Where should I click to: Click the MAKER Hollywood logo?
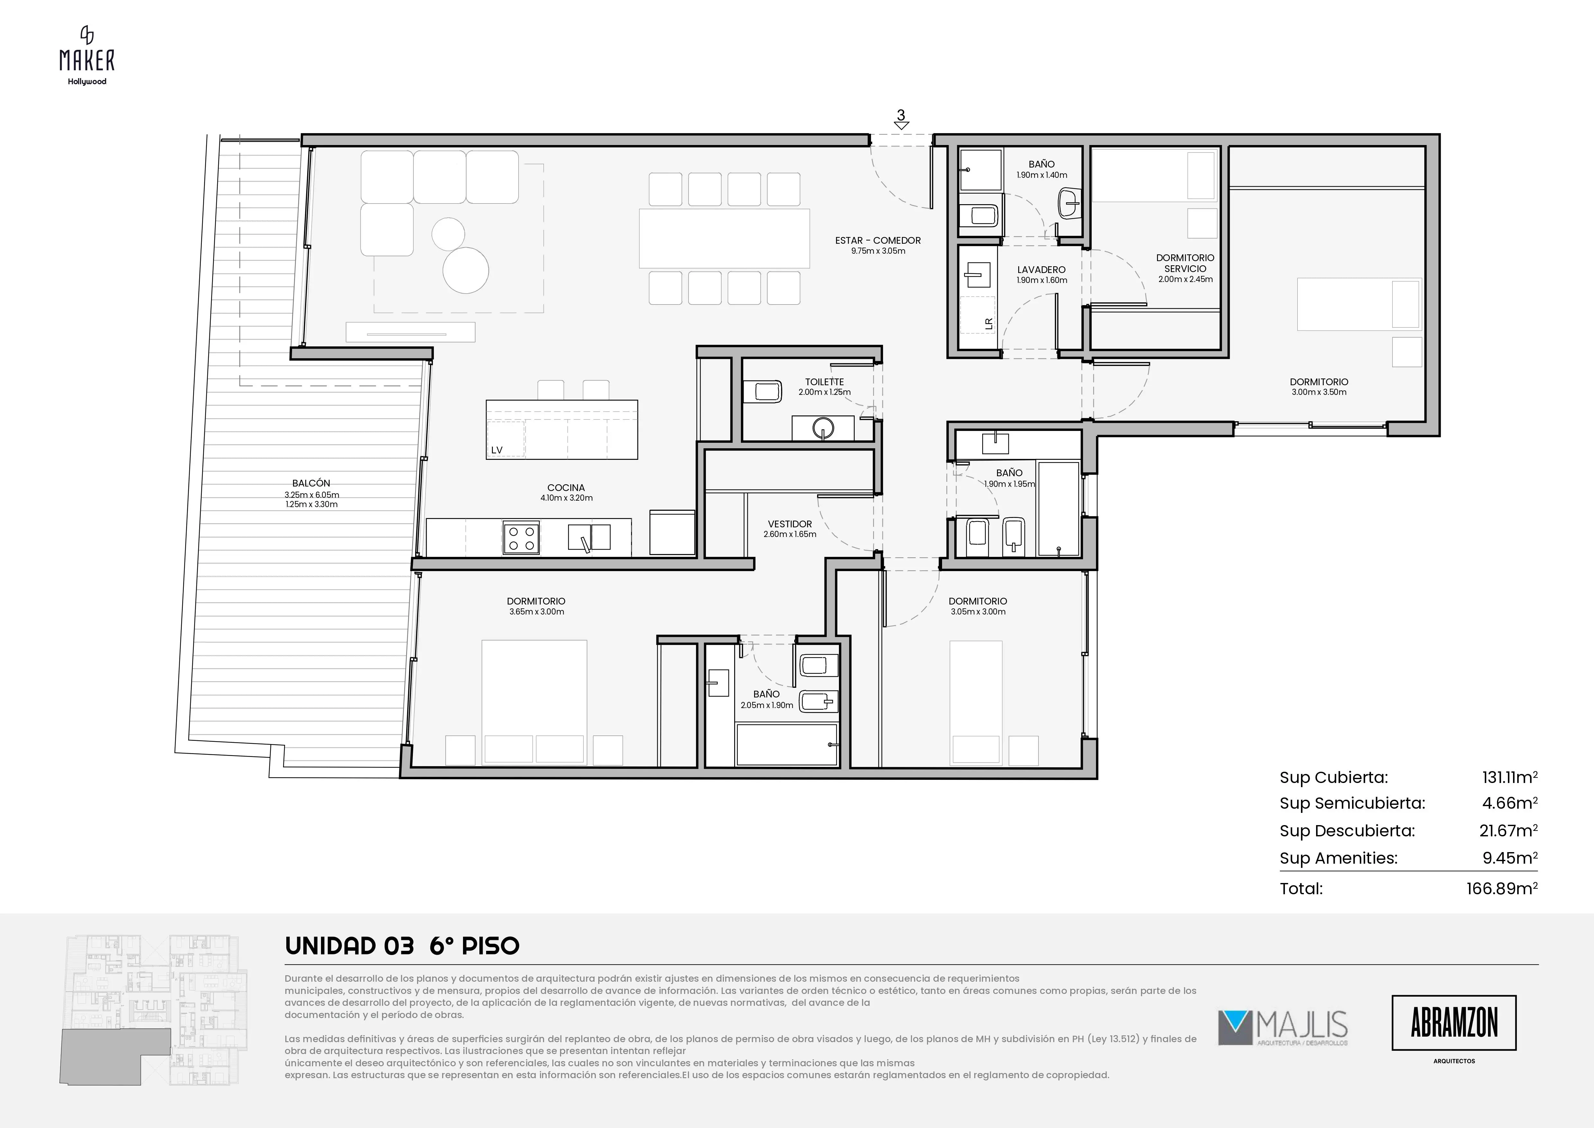(x=87, y=56)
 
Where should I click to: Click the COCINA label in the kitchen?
(x=566, y=487)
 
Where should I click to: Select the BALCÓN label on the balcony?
(x=311, y=483)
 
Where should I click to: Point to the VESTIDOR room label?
(x=790, y=524)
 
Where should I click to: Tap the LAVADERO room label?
(x=1041, y=269)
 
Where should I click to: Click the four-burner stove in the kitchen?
(x=521, y=538)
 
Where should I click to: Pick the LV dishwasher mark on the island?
(x=496, y=450)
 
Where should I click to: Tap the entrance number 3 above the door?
(x=901, y=115)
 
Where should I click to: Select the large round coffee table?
(x=466, y=270)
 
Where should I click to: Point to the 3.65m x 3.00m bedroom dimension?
(x=536, y=612)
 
